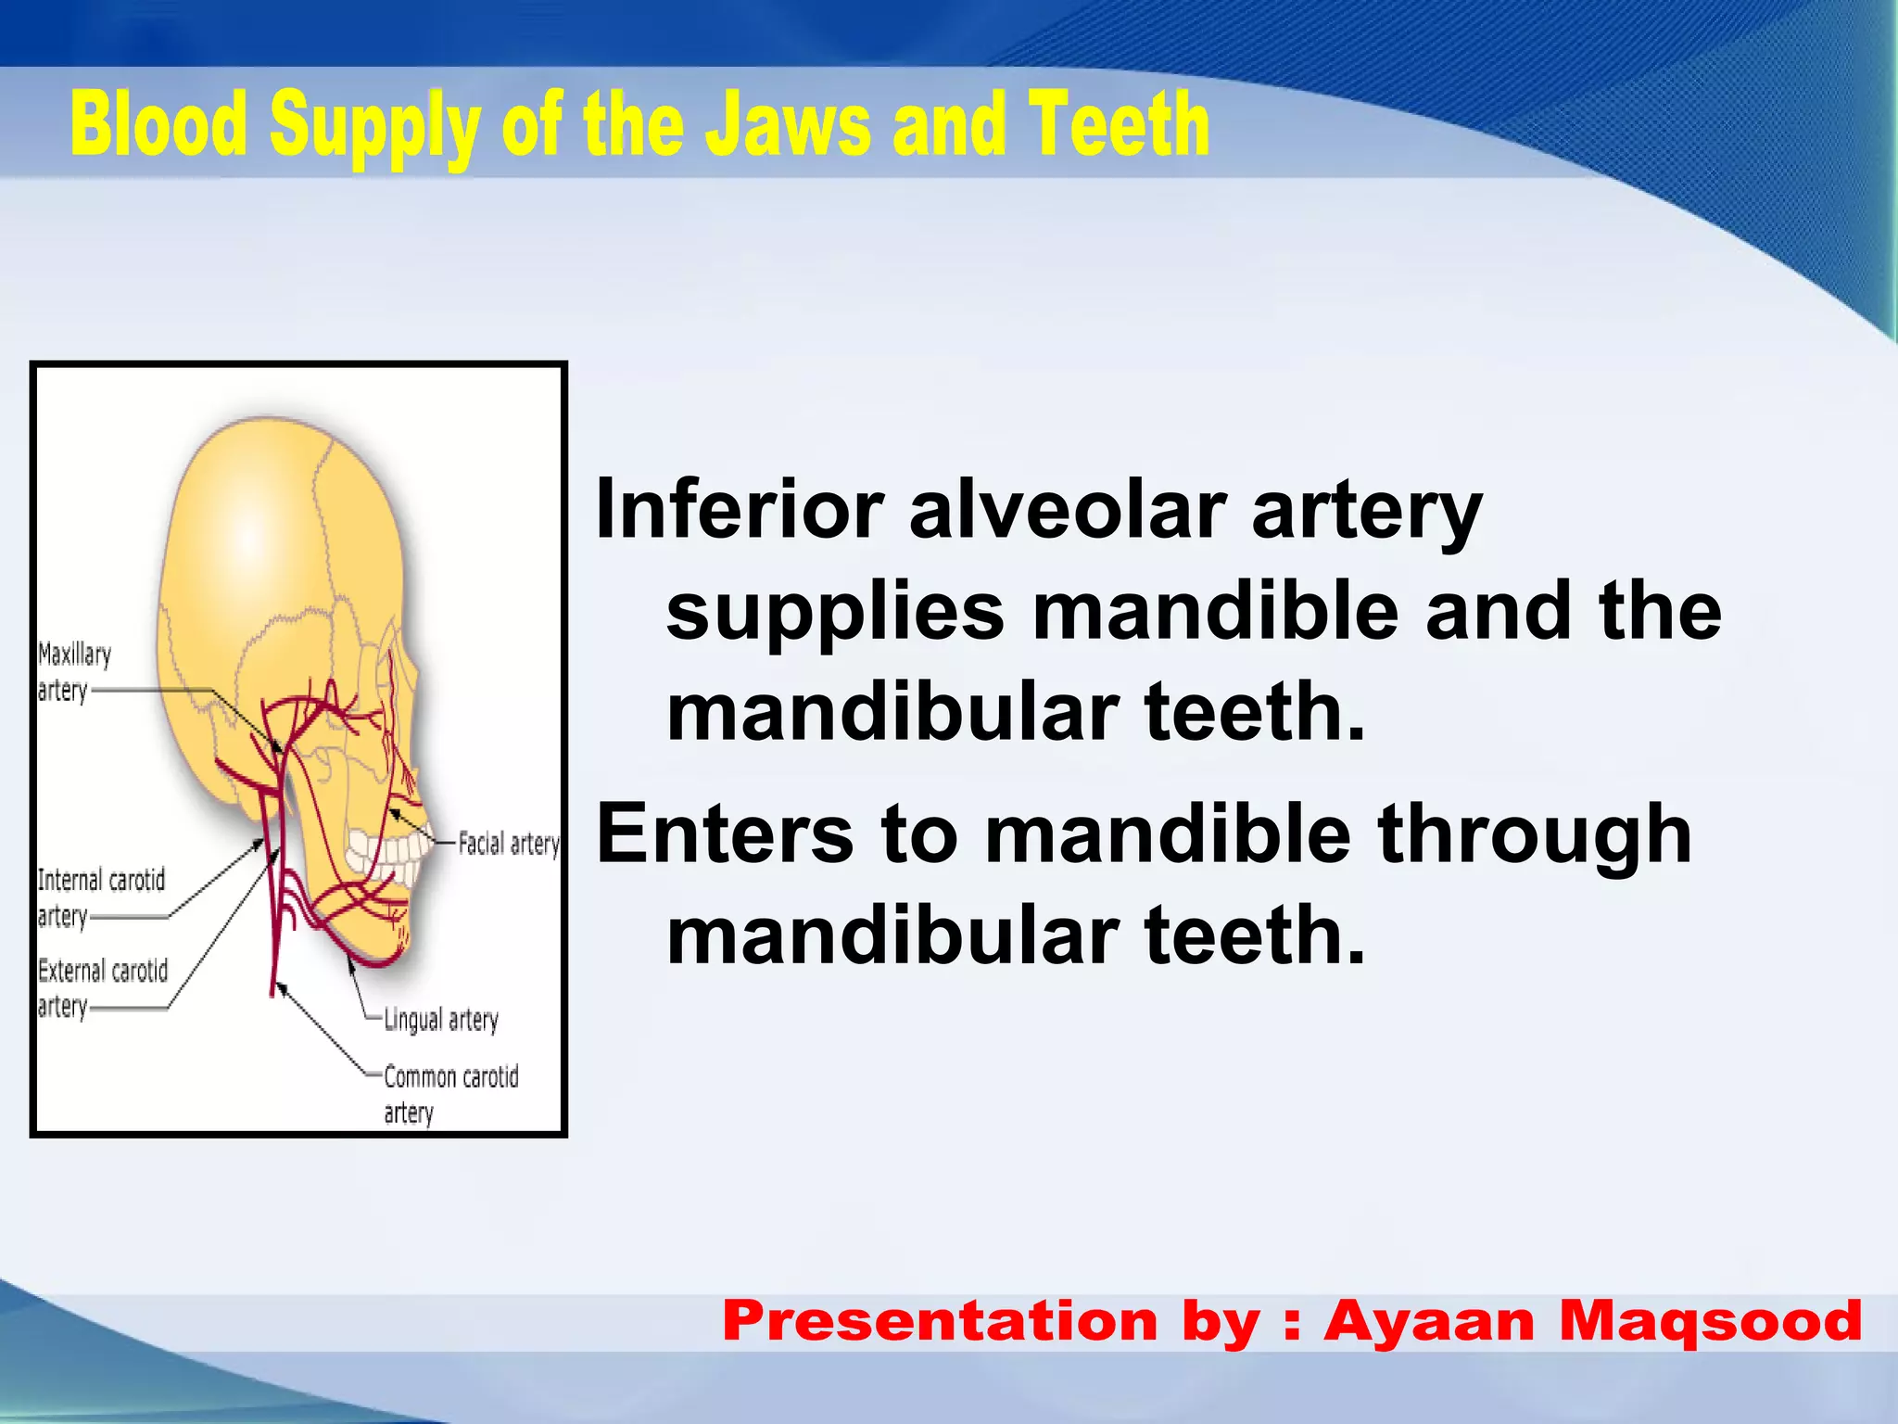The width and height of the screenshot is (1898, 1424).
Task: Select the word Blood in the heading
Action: point(158,125)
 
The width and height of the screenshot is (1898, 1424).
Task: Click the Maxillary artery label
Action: point(73,671)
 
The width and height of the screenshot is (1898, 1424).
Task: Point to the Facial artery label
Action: point(509,844)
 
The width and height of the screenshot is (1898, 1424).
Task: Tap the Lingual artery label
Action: point(441,1019)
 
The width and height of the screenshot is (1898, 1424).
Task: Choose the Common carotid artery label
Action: point(450,1093)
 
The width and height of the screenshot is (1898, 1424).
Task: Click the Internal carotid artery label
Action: point(100,896)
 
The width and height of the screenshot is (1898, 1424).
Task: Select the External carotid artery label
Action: point(102,987)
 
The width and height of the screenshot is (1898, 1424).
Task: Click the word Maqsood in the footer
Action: point(1711,1320)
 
